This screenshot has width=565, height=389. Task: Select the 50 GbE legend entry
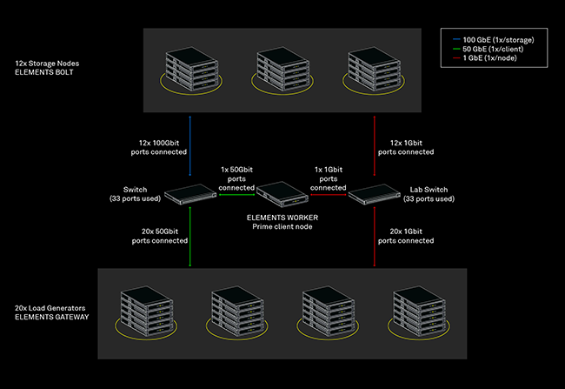488,49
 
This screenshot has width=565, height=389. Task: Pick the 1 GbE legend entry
486,58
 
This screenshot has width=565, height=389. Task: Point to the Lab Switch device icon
374,195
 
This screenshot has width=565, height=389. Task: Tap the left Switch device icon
190,195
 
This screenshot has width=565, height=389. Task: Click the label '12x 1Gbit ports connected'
406,146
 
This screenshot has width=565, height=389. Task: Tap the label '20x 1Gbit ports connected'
406,235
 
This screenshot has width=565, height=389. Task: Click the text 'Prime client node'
282,226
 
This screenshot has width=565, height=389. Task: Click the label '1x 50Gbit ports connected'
236,178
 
